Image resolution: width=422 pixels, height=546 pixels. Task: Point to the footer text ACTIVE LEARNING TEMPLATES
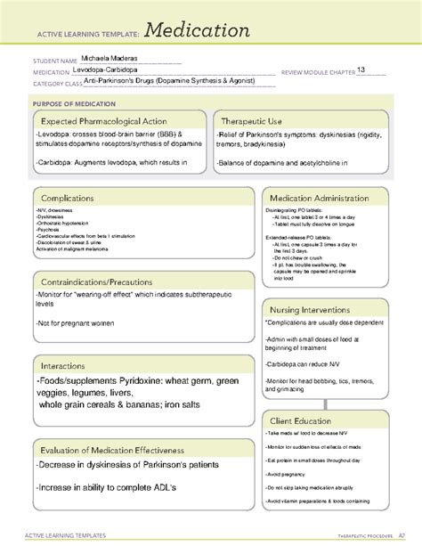click(69, 534)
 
